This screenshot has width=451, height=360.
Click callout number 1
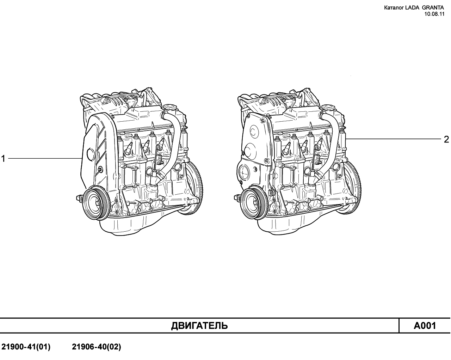pyautogui.click(x=3, y=159)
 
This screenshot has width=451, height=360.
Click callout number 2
pyautogui.click(x=446, y=140)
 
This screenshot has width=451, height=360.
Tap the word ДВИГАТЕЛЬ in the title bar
pyautogui.click(x=199, y=325)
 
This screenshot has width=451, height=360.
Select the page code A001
pyautogui.click(x=425, y=325)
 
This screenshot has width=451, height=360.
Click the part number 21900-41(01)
pyautogui.click(x=26, y=347)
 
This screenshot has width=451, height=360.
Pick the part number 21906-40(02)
pyautogui.click(x=97, y=347)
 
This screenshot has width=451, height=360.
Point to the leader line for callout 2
pyautogui.click(x=394, y=139)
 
